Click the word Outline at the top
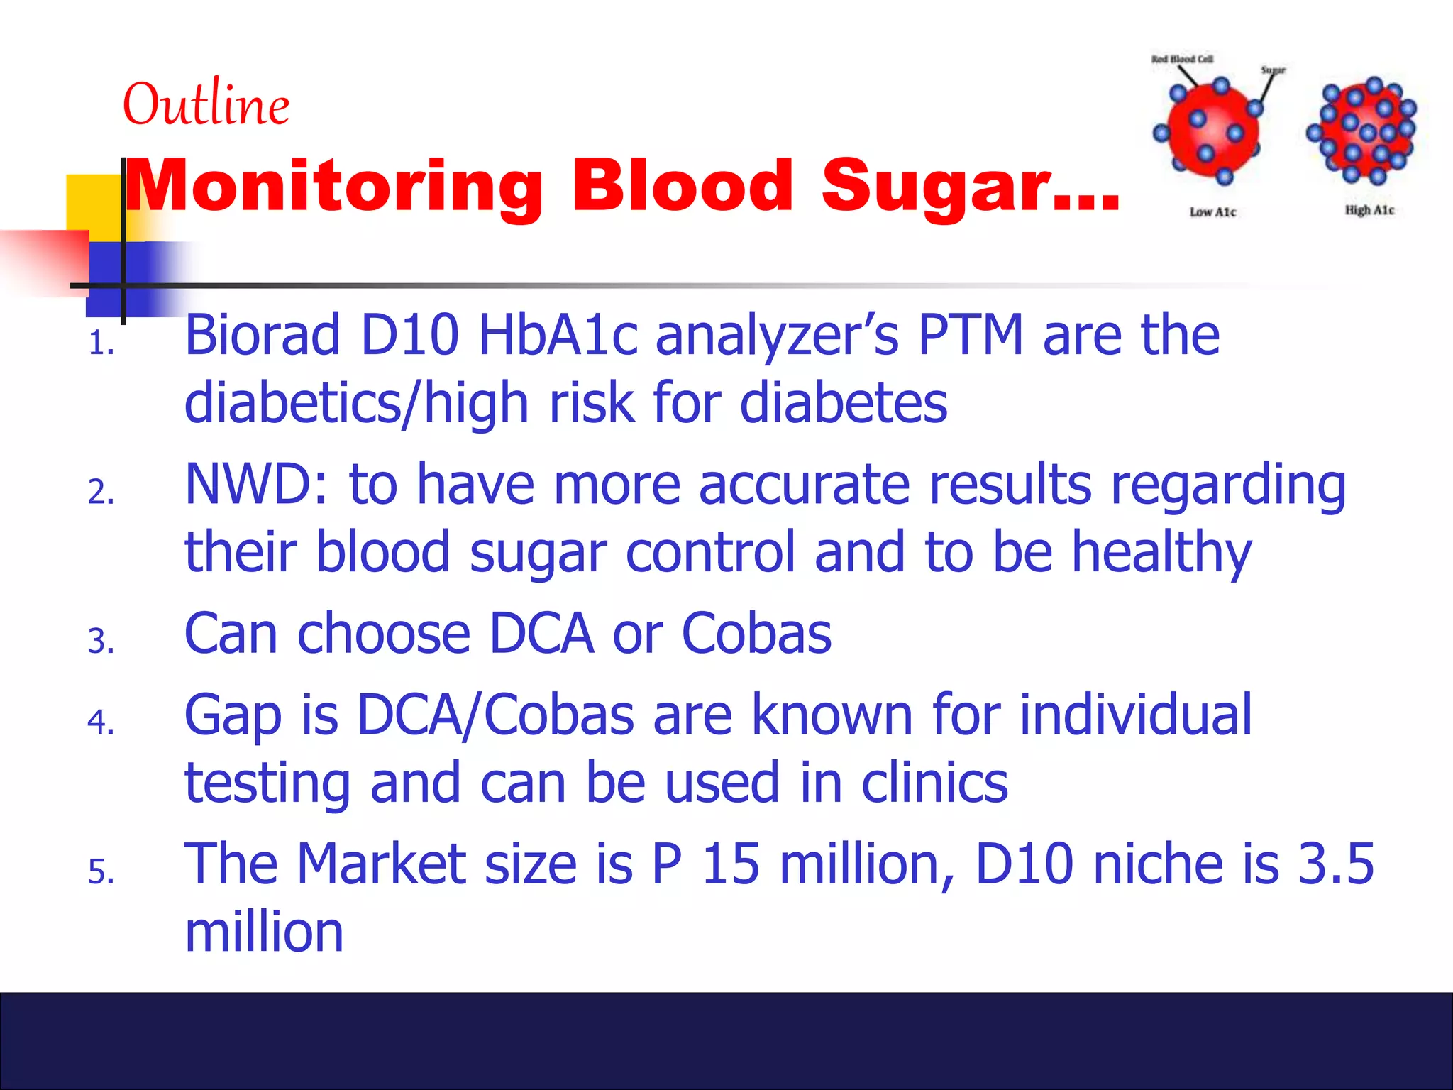pyautogui.click(x=206, y=105)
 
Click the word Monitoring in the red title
pyautogui.click(x=333, y=187)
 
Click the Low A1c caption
pyautogui.click(x=1212, y=212)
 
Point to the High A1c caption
pyautogui.click(x=1369, y=210)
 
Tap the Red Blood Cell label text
pyautogui.click(x=1182, y=59)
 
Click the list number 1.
pyautogui.click(x=101, y=345)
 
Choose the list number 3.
pyautogui.click(x=101, y=642)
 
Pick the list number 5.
pyautogui.click(x=101, y=871)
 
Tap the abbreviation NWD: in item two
pyautogui.click(x=257, y=485)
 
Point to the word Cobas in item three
pyautogui.click(x=756, y=634)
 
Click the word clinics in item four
pyautogui.click(x=934, y=783)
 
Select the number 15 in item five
pyautogui.click(x=731, y=864)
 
